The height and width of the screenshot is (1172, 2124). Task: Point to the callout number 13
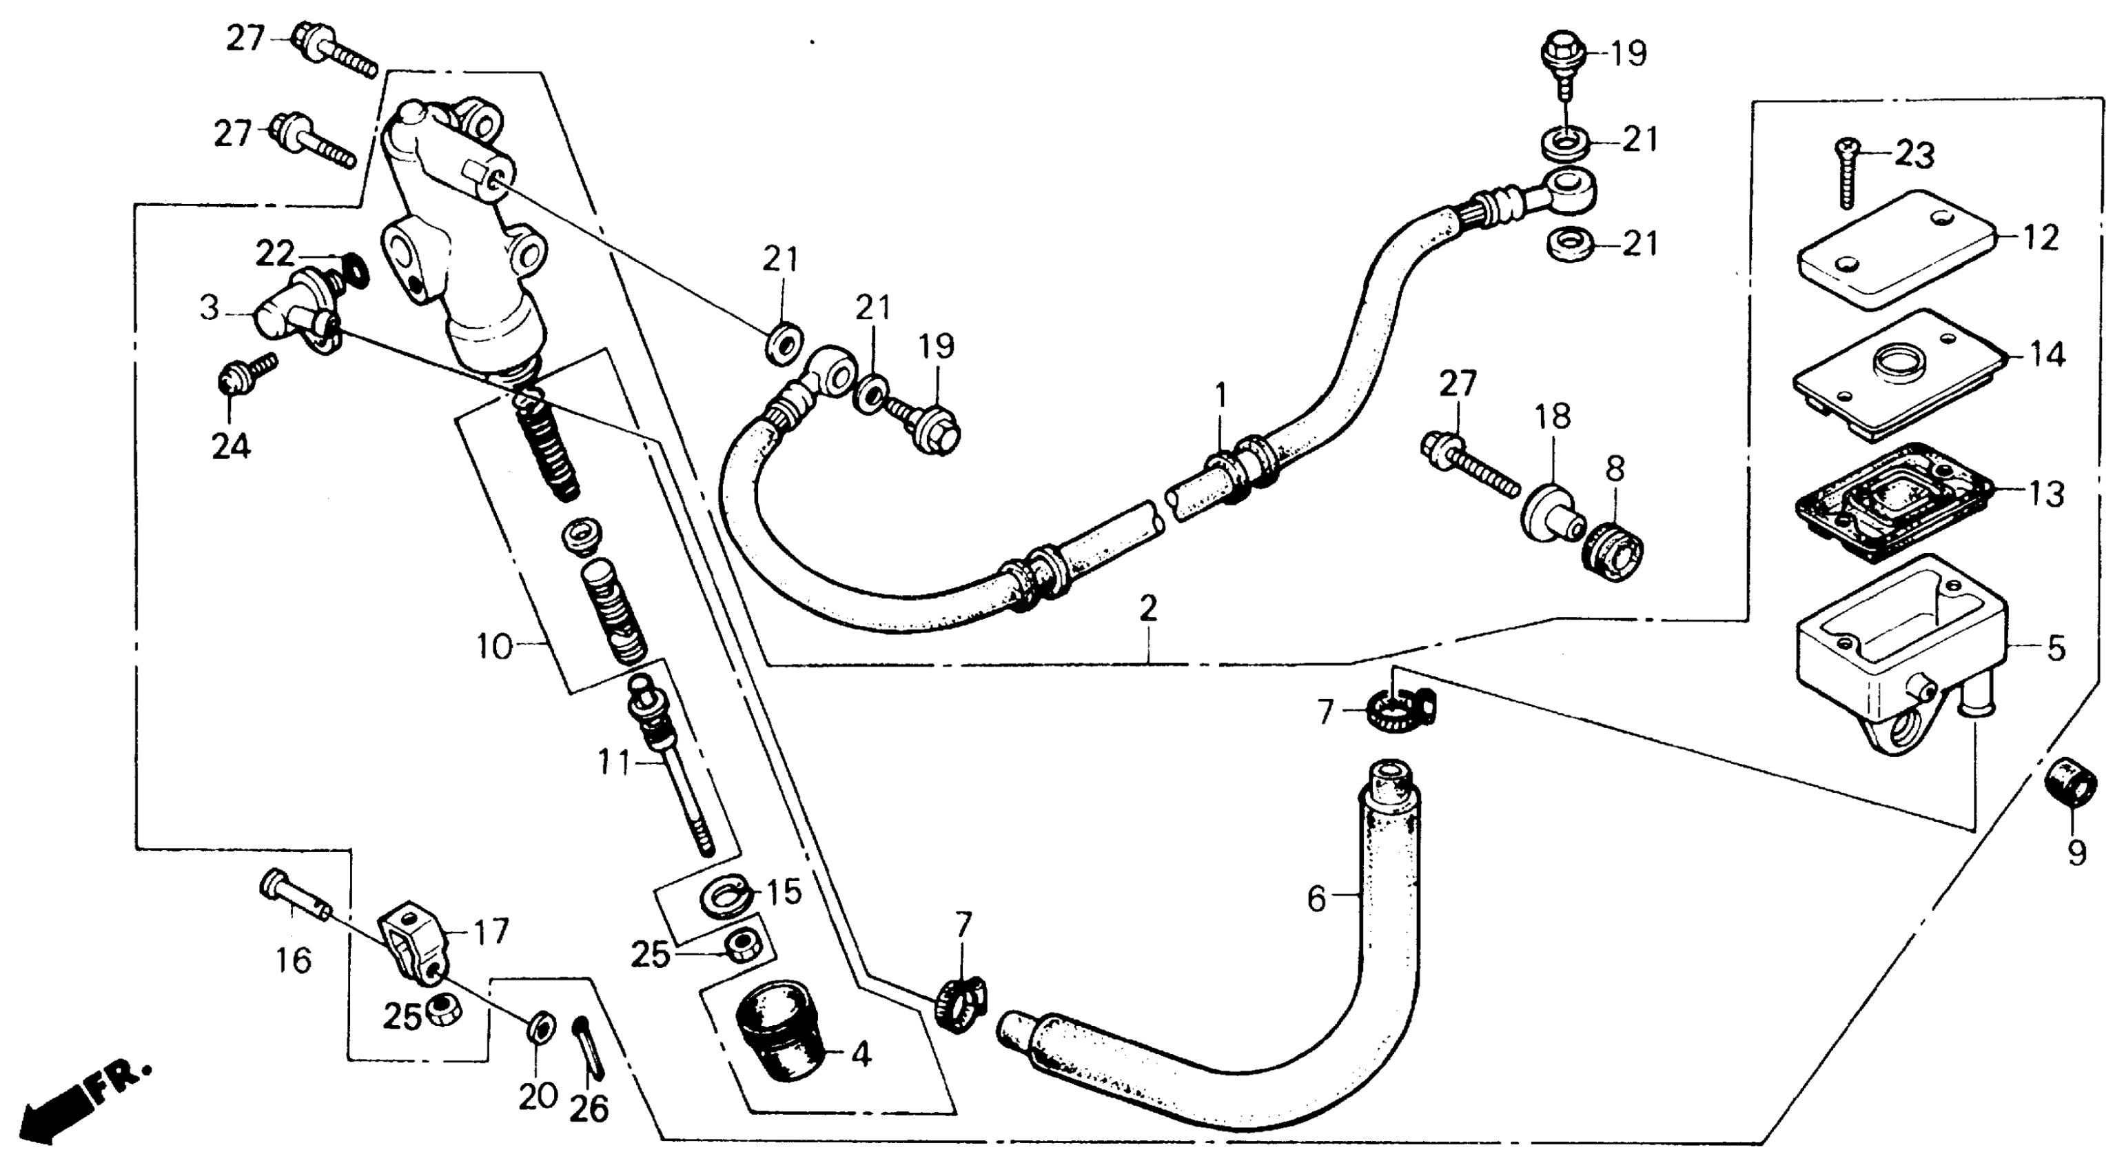(2047, 494)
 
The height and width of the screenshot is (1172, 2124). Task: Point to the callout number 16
(293, 960)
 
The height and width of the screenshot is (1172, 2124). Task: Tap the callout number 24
(231, 446)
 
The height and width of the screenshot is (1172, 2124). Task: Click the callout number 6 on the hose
(1317, 898)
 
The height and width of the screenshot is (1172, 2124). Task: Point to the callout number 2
(1149, 609)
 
